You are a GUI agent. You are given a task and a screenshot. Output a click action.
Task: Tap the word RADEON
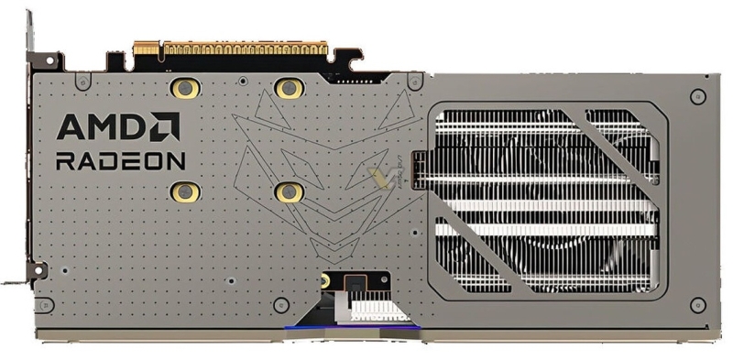tap(121, 160)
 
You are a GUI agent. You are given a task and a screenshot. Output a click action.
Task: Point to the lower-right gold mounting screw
tap(290, 191)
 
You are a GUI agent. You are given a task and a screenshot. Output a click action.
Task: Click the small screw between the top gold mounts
tap(238, 80)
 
